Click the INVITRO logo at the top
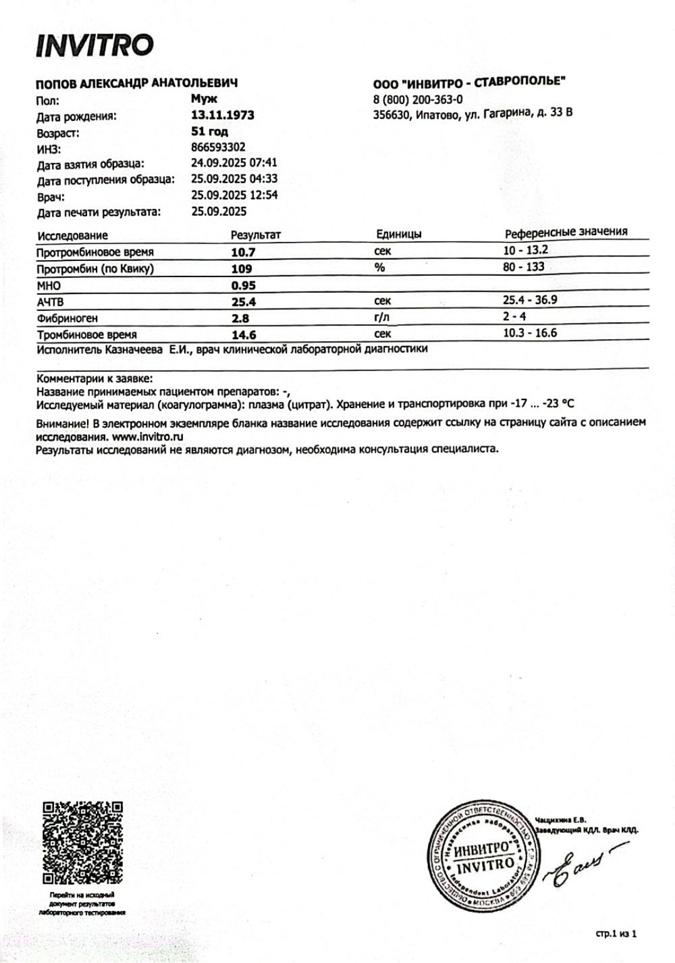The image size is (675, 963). tap(95, 45)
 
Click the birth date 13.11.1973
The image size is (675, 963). tap(222, 115)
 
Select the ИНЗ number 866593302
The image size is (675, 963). tap(218, 148)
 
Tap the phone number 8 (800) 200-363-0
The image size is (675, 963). tap(417, 99)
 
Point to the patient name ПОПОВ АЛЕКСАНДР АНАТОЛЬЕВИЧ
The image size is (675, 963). tap(137, 83)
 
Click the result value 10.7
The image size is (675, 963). tap(243, 252)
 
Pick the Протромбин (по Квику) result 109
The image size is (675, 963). tap(242, 269)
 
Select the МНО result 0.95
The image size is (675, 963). tap(243, 285)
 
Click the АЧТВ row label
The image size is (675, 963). tap(50, 302)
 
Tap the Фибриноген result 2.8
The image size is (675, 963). tap(241, 318)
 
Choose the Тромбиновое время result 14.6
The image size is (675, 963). tap(244, 335)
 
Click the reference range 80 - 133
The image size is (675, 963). tap(523, 266)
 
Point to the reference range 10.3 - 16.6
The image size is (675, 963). tap(530, 332)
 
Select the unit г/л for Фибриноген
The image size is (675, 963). tap(381, 317)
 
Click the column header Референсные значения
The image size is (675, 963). tap(566, 233)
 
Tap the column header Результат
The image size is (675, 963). tap(256, 235)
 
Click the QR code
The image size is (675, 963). tap(82, 842)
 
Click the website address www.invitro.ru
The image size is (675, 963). tap(148, 436)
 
